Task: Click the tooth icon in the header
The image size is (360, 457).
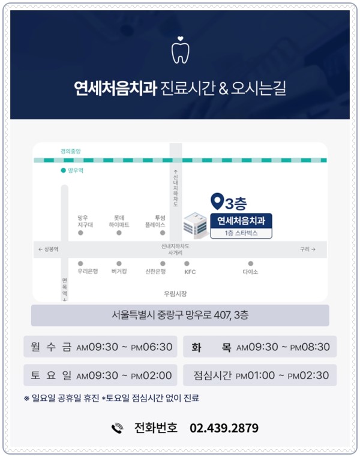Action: click(180, 50)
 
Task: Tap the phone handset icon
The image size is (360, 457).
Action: click(117, 428)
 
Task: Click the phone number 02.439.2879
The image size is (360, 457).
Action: click(224, 428)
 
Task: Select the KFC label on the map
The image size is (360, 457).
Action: click(190, 272)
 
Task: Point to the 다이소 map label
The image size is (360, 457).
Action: click(250, 272)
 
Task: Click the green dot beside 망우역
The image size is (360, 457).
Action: click(63, 170)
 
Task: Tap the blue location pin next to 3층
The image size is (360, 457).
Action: click(217, 201)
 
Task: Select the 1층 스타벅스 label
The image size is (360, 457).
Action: click(241, 233)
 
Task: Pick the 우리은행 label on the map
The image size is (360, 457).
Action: click(88, 271)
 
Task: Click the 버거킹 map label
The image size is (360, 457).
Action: click(119, 271)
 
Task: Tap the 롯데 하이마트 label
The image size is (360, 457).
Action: click(119, 221)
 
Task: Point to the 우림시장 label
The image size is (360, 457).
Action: click(175, 294)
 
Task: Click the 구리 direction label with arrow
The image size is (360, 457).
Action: click(308, 249)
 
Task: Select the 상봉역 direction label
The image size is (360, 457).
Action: click(49, 249)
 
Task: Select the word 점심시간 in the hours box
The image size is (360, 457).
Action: click(212, 375)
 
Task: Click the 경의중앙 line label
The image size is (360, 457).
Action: click(71, 151)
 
